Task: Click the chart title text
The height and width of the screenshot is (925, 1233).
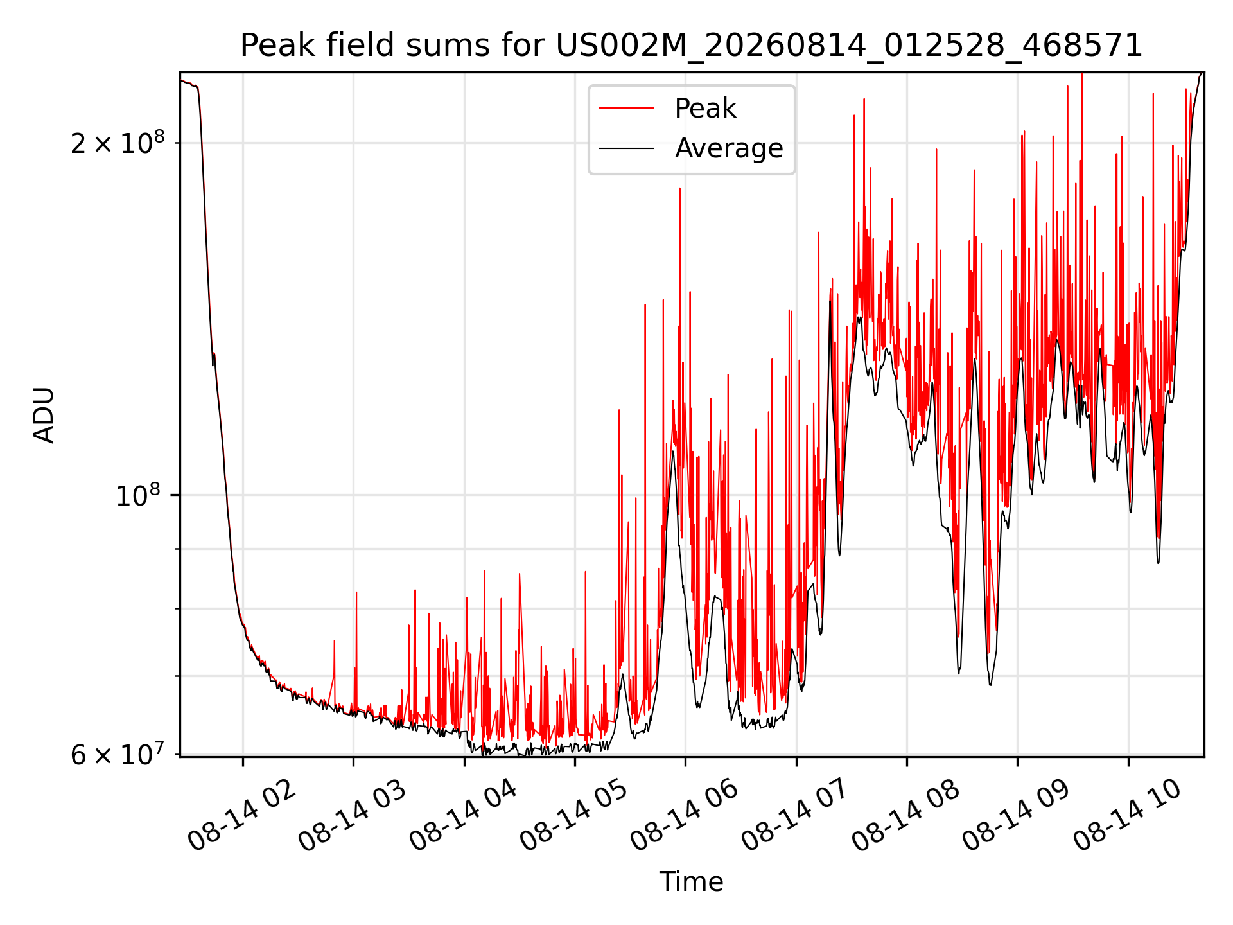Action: pyautogui.click(x=692, y=46)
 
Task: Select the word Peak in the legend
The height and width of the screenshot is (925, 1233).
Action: pyautogui.click(x=705, y=109)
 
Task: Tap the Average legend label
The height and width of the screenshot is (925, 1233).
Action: pyautogui.click(x=729, y=148)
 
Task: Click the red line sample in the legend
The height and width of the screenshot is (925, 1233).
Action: pyautogui.click(x=626, y=109)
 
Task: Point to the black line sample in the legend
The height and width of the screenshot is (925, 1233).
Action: pyautogui.click(x=626, y=148)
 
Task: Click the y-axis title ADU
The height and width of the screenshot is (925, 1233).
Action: pyautogui.click(x=44, y=415)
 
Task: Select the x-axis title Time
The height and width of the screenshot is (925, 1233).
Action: pyautogui.click(x=692, y=882)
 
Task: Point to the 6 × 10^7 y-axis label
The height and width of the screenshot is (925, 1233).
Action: pyautogui.click(x=118, y=754)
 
